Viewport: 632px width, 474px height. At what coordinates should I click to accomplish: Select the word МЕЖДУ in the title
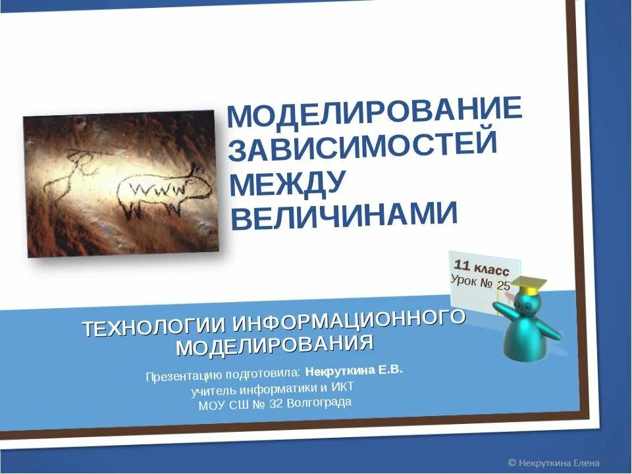(288, 184)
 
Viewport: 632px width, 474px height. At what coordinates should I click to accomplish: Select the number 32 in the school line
(276, 404)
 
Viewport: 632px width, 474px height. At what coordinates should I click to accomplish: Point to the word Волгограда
(319, 402)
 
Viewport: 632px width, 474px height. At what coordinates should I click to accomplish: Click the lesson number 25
(504, 285)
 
